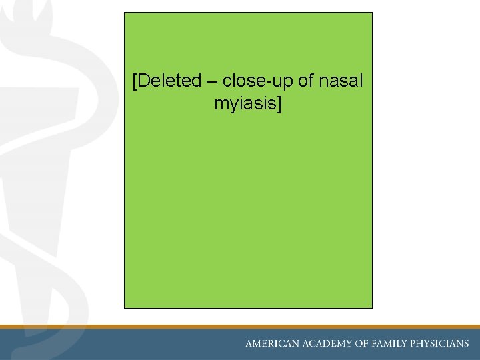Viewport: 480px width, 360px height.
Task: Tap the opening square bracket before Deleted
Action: point(135,82)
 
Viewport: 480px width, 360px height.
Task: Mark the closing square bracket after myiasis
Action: point(279,105)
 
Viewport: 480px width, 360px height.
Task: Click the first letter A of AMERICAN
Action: point(250,344)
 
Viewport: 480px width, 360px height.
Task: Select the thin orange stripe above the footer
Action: point(240,327)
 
